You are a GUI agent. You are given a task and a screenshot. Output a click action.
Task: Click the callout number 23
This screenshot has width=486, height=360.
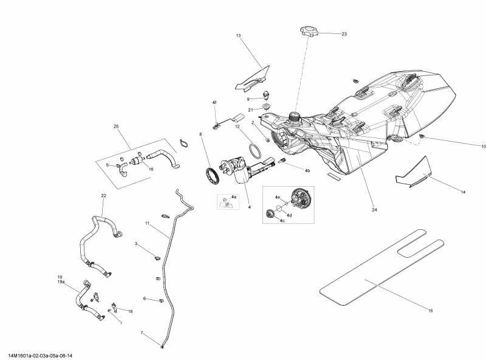[x=344, y=34]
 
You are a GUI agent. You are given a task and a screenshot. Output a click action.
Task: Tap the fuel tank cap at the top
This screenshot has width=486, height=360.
[x=309, y=30]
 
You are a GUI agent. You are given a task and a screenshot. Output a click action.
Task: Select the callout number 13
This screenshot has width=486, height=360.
[x=239, y=36]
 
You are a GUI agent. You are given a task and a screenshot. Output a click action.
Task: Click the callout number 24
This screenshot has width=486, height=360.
[x=375, y=210]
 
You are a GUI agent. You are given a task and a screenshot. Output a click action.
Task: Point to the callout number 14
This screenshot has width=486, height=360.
[x=463, y=192]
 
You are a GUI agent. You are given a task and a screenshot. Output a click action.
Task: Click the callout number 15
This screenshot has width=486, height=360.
[x=430, y=311]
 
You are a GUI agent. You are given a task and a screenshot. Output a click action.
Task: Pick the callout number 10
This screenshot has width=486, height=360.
[x=467, y=147]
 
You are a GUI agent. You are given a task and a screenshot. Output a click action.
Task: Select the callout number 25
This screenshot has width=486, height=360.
[x=116, y=126]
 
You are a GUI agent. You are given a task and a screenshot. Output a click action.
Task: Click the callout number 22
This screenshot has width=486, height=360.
[x=103, y=195]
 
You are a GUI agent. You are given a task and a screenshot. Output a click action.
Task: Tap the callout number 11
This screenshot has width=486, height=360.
[x=147, y=224]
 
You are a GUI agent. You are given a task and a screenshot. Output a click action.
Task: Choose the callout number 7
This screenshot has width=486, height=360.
[x=142, y=333]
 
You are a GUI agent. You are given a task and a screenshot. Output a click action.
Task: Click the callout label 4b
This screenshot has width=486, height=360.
[x=307, y=171]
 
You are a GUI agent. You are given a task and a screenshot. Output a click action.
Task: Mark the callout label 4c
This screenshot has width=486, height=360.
[x=282, y=221]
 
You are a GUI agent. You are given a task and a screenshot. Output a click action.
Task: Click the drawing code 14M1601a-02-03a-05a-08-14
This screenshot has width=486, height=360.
[x=42, y=356]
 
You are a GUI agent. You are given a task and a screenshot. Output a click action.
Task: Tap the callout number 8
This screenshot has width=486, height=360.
[x=200, y=134]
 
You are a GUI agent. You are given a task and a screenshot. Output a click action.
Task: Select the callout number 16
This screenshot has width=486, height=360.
[x=151, y=170]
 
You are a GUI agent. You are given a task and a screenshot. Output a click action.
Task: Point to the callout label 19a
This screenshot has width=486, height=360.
[x=60, y=282]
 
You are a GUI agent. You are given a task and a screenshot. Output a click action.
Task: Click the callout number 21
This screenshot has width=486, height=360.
[x=250, y=109]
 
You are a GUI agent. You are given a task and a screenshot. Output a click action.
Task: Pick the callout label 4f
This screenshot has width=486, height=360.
[x=214, y=102]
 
